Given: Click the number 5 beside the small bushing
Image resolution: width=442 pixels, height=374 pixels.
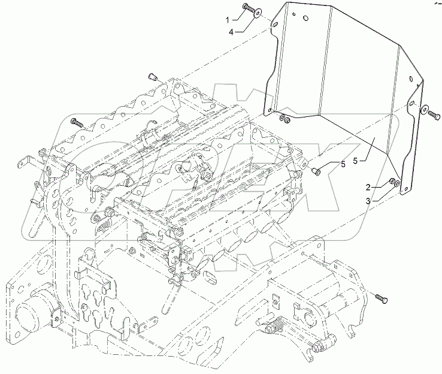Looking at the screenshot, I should click(x=343, y=164).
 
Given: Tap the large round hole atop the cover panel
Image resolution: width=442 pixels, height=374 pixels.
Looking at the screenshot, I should click(x=305, y=18).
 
